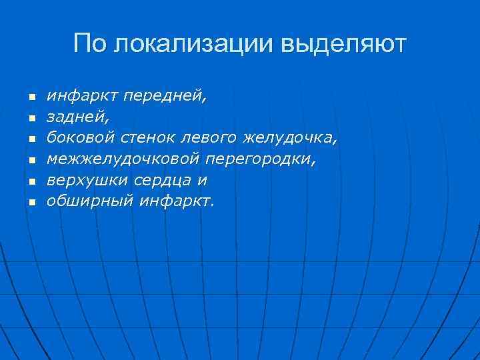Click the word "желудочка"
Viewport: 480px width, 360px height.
click(291, 139)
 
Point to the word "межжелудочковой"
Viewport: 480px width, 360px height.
click(124, 159)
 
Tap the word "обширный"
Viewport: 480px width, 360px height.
click(90, 201)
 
